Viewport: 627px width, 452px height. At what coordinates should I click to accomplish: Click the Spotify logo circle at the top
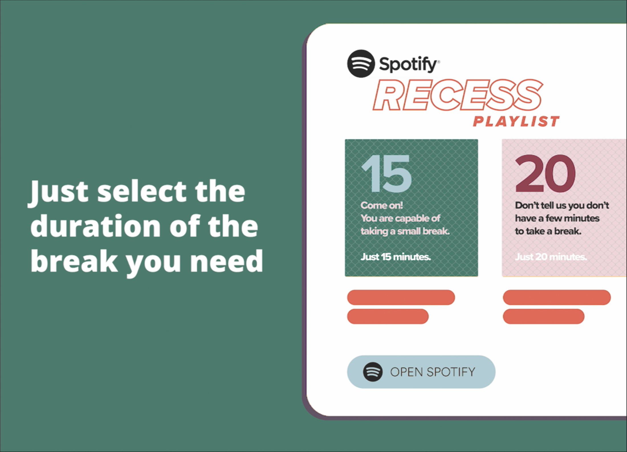pos(361,64)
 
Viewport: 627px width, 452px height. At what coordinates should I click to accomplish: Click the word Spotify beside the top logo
pos(409,64)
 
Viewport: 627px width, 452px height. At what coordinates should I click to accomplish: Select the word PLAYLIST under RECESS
pos(516,121)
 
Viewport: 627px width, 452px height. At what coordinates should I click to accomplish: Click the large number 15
pos(386,173)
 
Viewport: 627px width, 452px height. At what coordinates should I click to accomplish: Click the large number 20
pos(545,173)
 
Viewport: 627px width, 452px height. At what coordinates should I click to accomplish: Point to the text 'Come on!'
pos(382,205)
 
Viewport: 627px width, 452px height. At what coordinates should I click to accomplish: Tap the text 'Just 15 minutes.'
pos(396,257)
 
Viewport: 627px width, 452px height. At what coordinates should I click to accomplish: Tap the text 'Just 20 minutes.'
pos(551,257)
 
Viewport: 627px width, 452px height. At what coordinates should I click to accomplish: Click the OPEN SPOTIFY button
pos(421,372)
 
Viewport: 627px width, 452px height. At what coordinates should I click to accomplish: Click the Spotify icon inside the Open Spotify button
pos(372,372)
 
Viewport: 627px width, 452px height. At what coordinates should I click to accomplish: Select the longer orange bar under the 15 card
pos(401,297)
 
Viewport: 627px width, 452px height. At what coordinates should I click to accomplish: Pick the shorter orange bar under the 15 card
pos(388,316)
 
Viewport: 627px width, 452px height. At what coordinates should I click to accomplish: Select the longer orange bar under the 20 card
pos(557,297)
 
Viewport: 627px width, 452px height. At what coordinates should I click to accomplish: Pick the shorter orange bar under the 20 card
pos(544,316)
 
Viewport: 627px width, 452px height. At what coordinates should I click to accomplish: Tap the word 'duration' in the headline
pos(95,226)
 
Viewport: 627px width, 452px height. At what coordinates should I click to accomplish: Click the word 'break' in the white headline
pos(74,261)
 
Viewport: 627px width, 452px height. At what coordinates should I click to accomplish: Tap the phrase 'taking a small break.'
pos(405,231)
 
